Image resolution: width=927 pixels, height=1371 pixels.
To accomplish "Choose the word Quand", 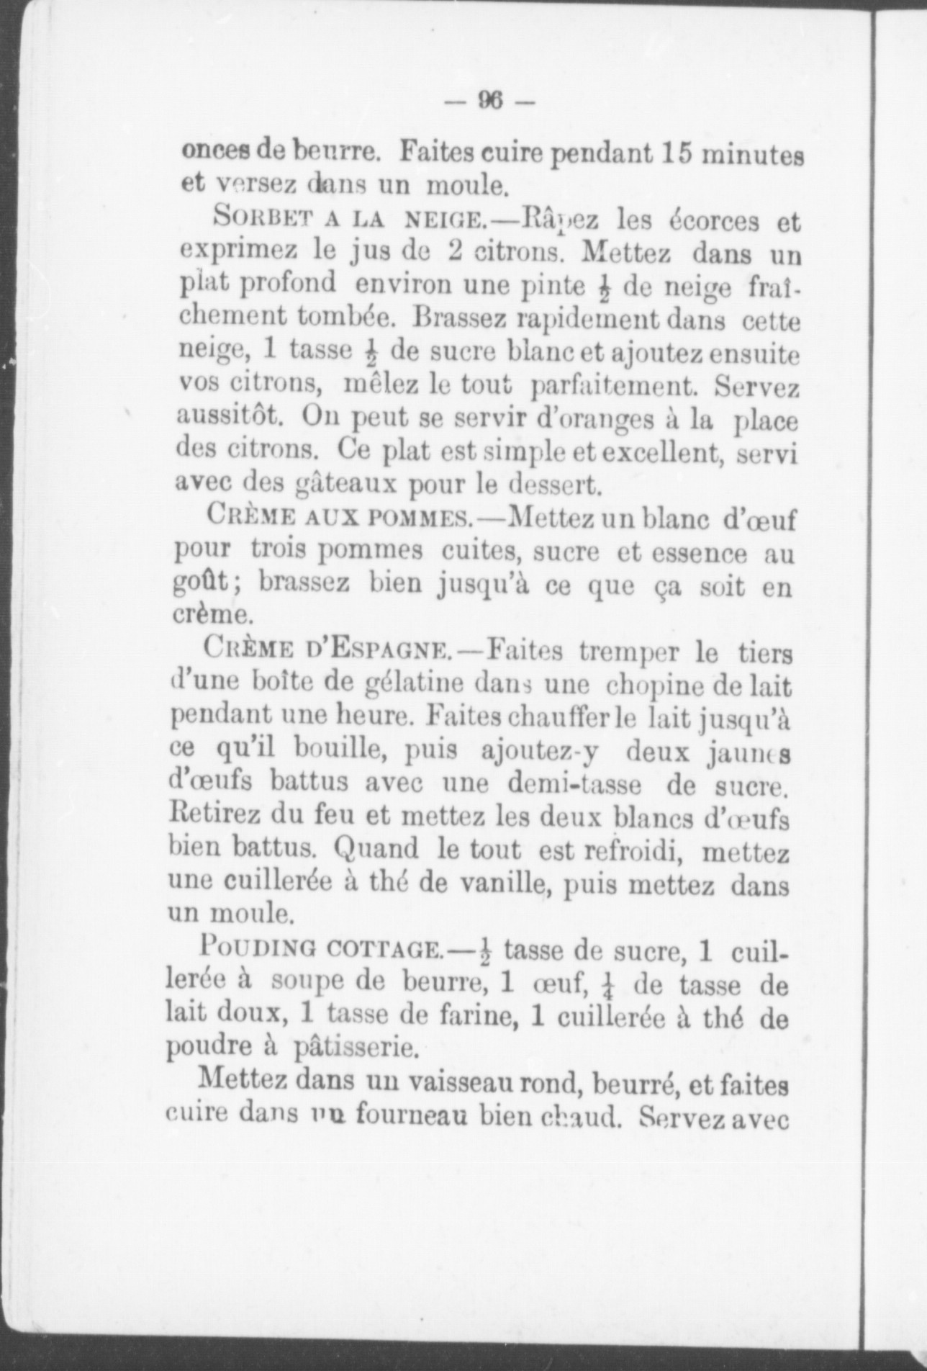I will coord(376,850).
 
